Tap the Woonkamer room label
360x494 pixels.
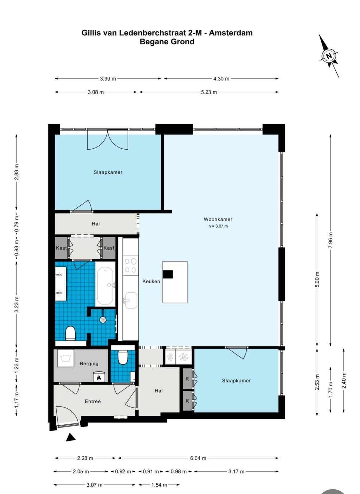[x=218, y=219]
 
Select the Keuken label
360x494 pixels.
[x=151, y=281]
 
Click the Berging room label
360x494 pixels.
[x=89, y=363]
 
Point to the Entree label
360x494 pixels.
[x=93, y=401]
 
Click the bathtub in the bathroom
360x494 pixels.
[x=105, y=284]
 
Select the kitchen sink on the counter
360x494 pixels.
[x=131, y=300]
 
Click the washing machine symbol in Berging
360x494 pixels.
[x=66, y=358]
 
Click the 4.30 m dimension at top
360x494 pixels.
[x=221, y=79]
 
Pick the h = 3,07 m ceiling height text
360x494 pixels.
[x=218, y=226]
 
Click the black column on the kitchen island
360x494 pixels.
[x=168, y=274]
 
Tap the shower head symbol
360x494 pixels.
[x=103, y=320]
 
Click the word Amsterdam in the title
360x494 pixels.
[x=231, y=33]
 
